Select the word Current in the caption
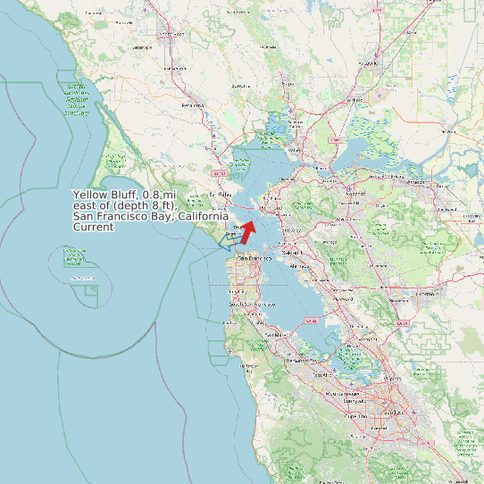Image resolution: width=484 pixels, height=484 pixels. point(93,227)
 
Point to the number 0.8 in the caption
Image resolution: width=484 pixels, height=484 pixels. point(153,195)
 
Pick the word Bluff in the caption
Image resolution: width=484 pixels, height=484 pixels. point(125,195)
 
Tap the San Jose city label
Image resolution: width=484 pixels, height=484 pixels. point(393,413)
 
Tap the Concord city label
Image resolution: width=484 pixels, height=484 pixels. point(355,194)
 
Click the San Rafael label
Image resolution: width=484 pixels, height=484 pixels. point(219,193)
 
